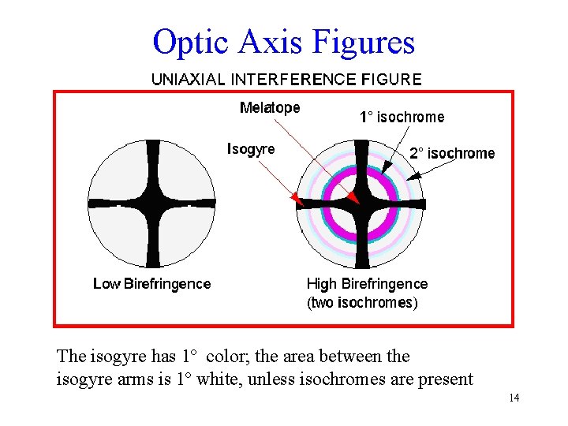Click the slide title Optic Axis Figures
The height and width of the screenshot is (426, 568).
[x=283, y=41]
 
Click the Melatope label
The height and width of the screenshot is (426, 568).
[x=270, y=108]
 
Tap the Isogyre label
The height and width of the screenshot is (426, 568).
[x=251, y=148]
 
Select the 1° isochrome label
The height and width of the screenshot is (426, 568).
[x=402, y=118]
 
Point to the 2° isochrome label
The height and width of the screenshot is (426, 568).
[x=452, y=154]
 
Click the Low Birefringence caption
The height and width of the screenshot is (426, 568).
[x=151, y=284]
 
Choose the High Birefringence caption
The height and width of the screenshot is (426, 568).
[x=367, y=284]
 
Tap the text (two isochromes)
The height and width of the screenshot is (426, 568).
[x=362, y=302]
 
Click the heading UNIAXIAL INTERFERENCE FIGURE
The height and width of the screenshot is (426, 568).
[x=286, y=80]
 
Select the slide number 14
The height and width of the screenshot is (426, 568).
[x=514, y=398]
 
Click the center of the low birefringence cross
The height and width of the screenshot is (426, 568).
[x=151, y=203]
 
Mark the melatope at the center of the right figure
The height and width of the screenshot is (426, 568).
[x=361, y=203]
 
